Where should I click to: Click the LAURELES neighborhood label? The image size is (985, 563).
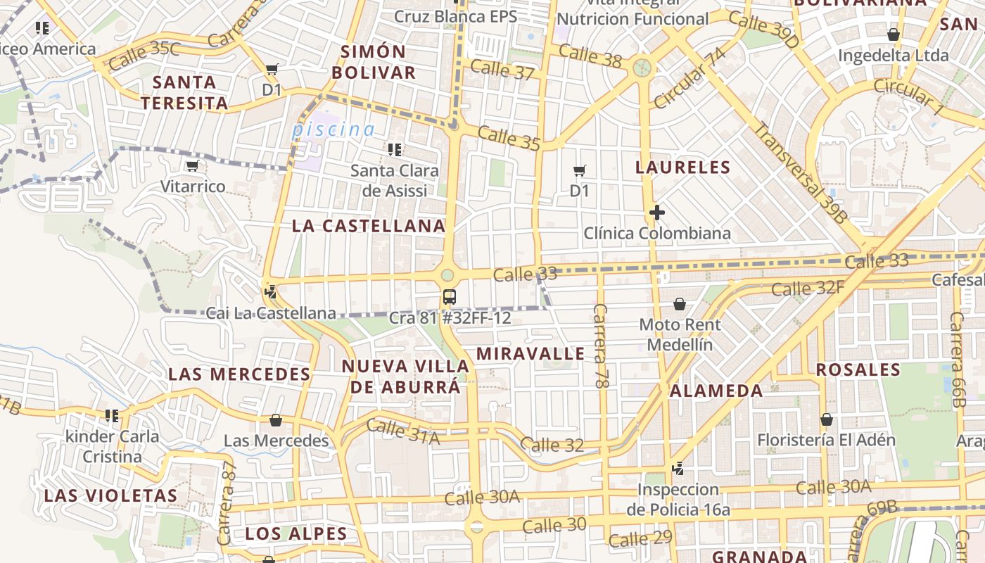point(683,167)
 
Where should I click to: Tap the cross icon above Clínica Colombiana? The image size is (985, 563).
point(657,213)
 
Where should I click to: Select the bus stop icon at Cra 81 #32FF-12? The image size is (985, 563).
point(450,297)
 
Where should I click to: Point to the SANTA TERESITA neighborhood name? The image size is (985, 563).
point(184,93)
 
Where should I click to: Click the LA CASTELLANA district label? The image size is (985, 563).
point(369,226)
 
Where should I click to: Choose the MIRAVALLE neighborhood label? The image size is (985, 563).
point(530,353)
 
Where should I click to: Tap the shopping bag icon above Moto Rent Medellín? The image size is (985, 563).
point(680,304)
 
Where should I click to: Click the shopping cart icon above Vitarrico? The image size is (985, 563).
point(192,166)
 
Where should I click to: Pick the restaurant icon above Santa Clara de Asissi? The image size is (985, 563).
point(395,150)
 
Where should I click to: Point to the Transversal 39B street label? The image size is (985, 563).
point(800,173)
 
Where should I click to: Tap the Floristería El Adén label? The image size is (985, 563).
point(826,441)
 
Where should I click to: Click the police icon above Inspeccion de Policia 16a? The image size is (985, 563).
point(678,468)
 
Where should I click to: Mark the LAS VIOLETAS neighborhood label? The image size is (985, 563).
point(111,495)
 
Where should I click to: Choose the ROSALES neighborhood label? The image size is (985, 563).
point(858,370)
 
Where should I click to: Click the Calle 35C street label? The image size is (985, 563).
point(145,56)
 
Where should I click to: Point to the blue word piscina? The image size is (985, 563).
point(333,129)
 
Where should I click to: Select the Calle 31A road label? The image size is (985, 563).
point(403,431)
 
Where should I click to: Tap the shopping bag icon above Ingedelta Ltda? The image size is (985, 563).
point(894,34)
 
